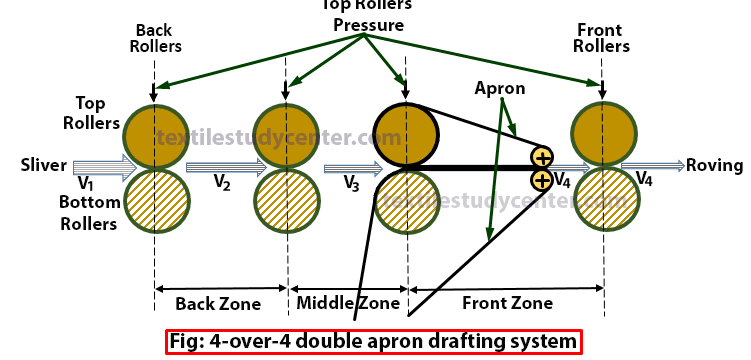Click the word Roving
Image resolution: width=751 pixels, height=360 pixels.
(714, 166)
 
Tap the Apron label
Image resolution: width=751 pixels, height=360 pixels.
(501, 89)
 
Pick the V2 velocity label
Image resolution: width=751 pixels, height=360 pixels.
(223, 182)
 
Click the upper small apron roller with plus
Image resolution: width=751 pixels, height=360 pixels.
(542, 157)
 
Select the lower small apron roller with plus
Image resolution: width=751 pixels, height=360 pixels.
(542, 181)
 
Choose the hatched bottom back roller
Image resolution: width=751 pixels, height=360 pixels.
(154, 199)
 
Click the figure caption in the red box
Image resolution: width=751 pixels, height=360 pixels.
(374, 341)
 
